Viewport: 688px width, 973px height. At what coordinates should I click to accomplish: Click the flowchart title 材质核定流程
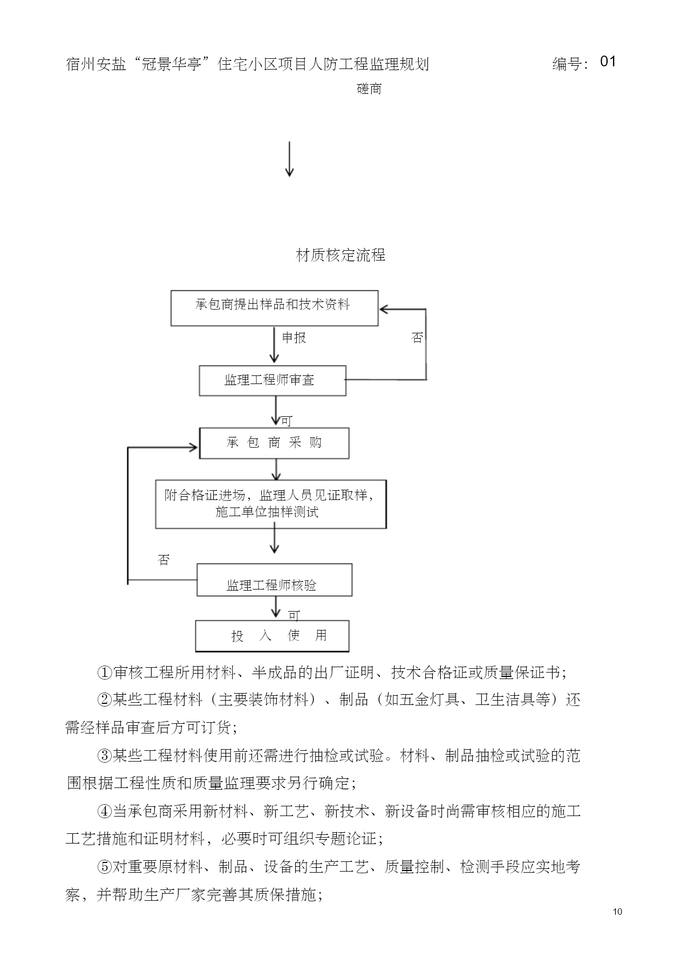click(x=340, y=255)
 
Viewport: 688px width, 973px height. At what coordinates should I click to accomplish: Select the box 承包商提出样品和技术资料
click(x=274, y=308)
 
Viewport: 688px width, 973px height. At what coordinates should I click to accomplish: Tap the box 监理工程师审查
click(x=273, y=381)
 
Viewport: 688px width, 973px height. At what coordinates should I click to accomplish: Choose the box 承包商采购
click(x=274, y=443)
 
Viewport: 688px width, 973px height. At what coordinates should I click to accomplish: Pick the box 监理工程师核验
click(x=274, y=580)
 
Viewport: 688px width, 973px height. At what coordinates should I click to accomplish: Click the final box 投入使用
click(x=272, y=636)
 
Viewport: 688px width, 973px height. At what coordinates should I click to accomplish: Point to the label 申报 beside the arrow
click(x=294, y=338)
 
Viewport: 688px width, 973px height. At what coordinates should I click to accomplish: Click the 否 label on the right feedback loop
click(x=417, y=338)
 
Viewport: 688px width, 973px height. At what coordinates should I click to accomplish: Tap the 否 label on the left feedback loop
click(x=164, y=560)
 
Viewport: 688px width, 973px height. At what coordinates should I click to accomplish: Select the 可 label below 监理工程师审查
click(x=287, y=421)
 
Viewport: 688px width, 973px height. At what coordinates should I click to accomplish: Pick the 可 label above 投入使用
click(x=294, y=615)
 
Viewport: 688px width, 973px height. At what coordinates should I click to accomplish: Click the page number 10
click(x=618, y=912)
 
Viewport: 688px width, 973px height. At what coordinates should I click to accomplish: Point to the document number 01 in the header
click(x=608, y=61)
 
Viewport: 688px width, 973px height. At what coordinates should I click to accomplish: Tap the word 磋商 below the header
click(x=369, y=89)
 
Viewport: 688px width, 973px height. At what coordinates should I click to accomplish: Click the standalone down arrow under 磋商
click(x=289, y=159)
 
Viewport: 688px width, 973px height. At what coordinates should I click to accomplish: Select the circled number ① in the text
click(x=104, y=673)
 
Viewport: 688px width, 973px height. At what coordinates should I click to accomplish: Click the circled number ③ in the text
click(x=104, y=756)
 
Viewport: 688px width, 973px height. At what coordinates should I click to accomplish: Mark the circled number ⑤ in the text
click(x=104, y=867)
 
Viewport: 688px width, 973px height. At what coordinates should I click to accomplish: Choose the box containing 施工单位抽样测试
click(x=271, y=504)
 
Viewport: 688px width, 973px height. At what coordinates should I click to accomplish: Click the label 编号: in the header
click(x=570, y=64)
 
